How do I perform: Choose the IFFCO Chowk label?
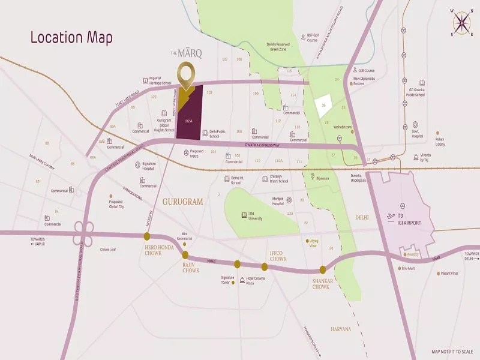278,256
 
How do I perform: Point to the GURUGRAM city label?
183,202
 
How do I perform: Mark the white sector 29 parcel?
324,106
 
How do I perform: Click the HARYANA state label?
341,329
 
